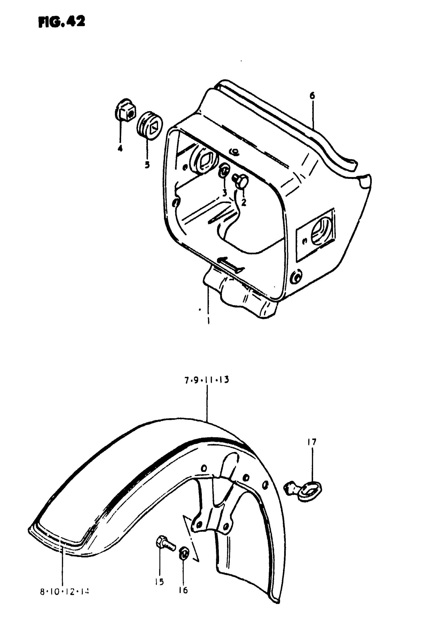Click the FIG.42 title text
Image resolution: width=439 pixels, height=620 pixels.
(62, 22)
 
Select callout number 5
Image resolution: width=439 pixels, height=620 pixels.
(147, 164)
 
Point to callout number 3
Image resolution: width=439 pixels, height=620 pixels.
(225, 193)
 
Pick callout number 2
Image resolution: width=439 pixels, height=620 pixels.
(244, 202)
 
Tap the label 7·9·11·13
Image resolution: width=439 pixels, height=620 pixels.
(207, 380)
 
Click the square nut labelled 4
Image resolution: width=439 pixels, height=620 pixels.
(126, 112)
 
